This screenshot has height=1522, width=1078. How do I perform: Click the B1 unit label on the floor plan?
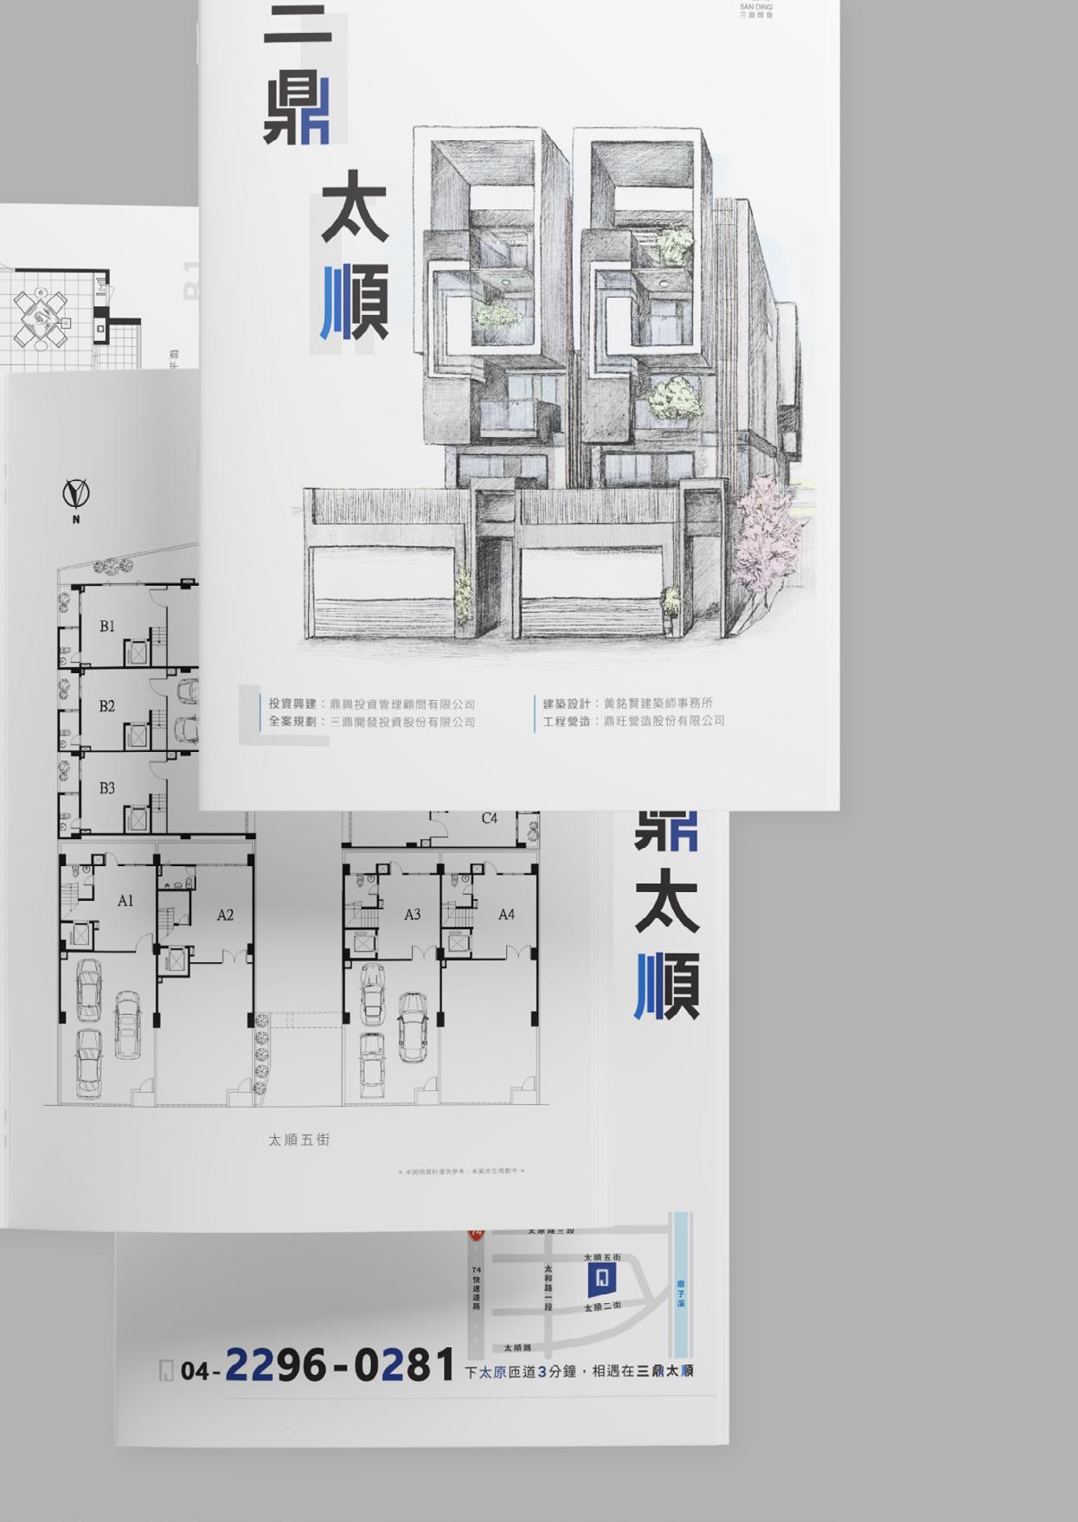[106, 626]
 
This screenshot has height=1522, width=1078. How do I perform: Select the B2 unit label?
[106, 706]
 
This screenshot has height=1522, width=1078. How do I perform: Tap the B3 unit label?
[106, 787]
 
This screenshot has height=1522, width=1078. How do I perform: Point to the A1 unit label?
[125, 901]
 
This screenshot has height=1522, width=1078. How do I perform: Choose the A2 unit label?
[225, 915]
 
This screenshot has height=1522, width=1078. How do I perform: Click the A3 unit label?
[412, 914]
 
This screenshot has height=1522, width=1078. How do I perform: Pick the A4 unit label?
[506, 914]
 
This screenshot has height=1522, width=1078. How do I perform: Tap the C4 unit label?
[490, 818]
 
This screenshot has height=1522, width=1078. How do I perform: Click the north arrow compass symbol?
[76, 494]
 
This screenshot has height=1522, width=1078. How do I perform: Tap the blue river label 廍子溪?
[681, 1294]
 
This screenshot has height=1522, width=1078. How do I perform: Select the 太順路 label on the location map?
[517, 1347]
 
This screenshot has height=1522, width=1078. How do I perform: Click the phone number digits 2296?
[275, 1366]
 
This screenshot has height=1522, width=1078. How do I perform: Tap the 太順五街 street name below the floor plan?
[298, 1140]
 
